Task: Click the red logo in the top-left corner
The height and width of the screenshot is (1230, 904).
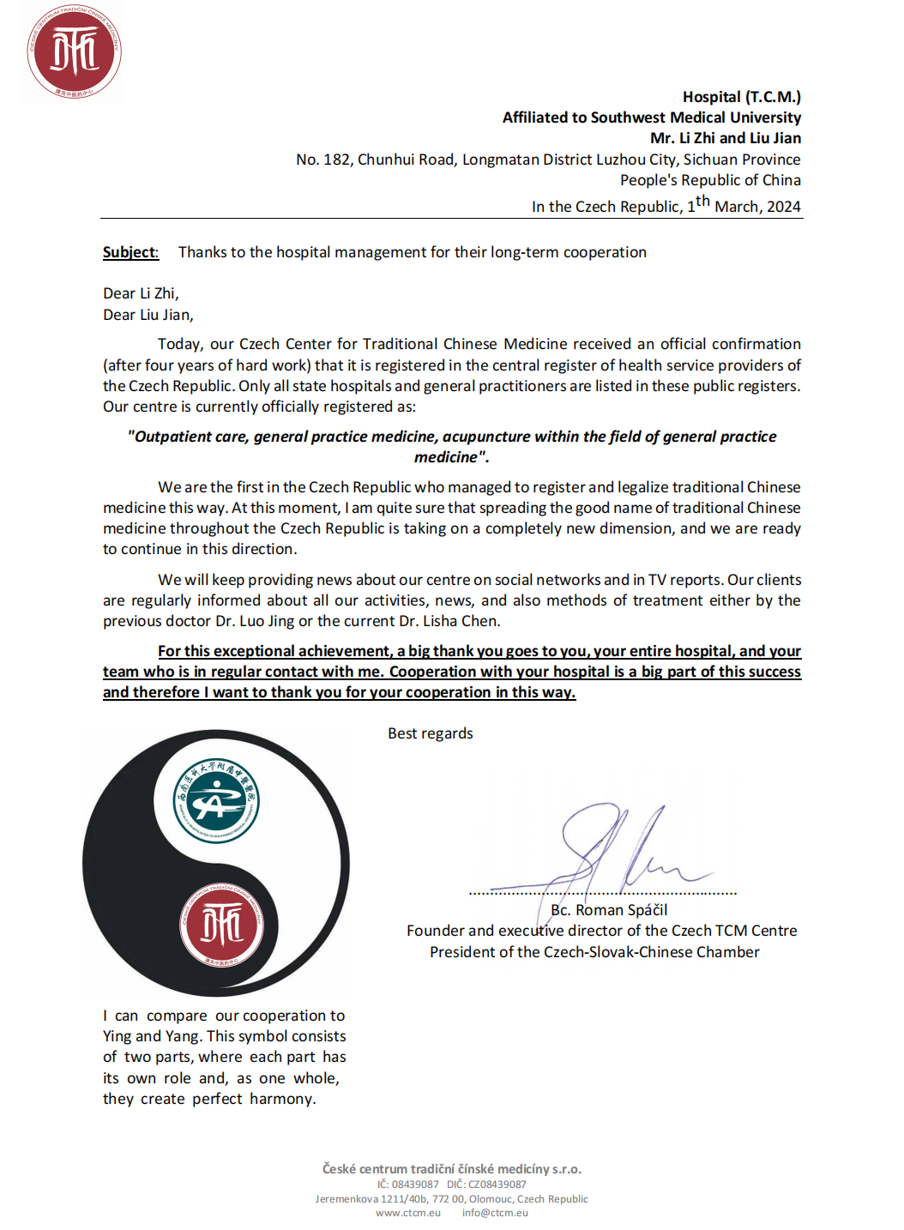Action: tap(74, 51)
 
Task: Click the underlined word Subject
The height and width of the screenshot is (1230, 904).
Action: tap(130, 252)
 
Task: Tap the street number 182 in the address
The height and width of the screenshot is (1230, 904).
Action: tap(336, 160)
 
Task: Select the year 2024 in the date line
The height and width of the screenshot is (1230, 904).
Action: tap(783, 207)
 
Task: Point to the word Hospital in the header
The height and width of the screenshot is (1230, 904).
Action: tap(711, 97)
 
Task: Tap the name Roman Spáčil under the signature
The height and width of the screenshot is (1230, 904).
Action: tap(621, 910)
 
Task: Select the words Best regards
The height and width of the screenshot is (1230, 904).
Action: tap(430, 733)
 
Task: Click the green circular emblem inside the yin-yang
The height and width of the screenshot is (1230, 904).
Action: tap(216, 801)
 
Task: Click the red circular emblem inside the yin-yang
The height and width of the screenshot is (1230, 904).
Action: tap(221, 926)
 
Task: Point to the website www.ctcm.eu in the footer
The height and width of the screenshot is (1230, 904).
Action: tap(408, 1213)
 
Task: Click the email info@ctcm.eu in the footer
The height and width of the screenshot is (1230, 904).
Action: tap(495, 1213)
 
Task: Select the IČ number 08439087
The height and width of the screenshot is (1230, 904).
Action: tap(415, 1185)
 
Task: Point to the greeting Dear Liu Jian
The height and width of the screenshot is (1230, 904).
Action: tap(148, 315)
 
